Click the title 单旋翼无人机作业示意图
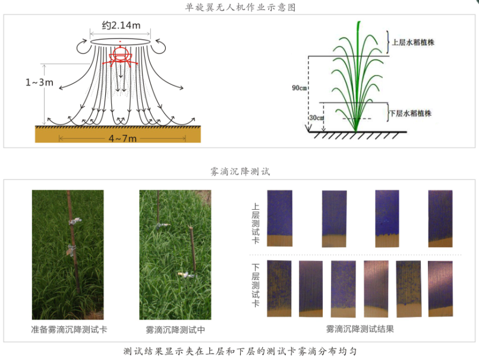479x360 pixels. coord(239,7)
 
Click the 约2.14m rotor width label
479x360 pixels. coord(121,26)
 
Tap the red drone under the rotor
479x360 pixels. coord(121,55)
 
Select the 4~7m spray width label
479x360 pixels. coord(122,138)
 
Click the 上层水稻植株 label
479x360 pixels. coord(414,43)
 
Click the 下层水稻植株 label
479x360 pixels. coord(410,113)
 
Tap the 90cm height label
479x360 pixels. coord(300,88)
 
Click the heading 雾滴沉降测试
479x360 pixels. coord(239,172)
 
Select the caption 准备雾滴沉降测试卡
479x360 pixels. coord(69,329)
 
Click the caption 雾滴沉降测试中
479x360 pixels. coord(175,329)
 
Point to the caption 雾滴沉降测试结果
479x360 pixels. coord(360,329)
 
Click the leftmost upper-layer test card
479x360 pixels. coord(280,218)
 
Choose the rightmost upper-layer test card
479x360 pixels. coord(440,218)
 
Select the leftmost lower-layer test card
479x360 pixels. coord(279,288)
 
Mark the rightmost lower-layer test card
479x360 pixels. coord(440,288)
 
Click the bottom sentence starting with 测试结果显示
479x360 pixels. coord(239,351)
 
